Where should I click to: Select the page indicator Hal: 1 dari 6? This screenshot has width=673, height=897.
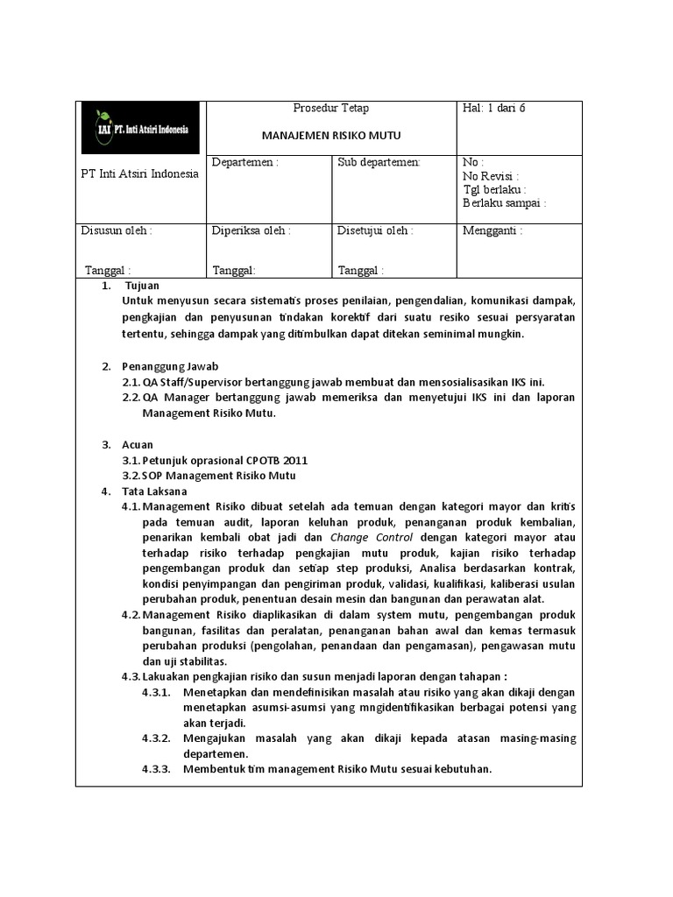click(494, 108)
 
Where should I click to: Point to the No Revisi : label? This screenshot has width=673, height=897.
click(491, 176)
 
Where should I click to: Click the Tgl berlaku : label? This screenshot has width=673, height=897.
click(493, 189)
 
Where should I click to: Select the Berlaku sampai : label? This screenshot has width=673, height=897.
click(504, 203)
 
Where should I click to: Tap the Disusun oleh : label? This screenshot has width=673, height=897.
click(116, 231)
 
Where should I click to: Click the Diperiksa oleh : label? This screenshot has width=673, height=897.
click(251, 231)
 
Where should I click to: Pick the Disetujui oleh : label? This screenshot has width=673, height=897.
click(375, 231)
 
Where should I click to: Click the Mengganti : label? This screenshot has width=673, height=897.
click(492, 231)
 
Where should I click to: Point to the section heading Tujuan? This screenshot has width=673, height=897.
click(142, 286)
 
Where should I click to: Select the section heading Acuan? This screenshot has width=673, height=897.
click(138, 445)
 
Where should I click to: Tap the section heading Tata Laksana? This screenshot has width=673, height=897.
click(153, 491)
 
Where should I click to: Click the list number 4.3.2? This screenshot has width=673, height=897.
click(156, 738)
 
